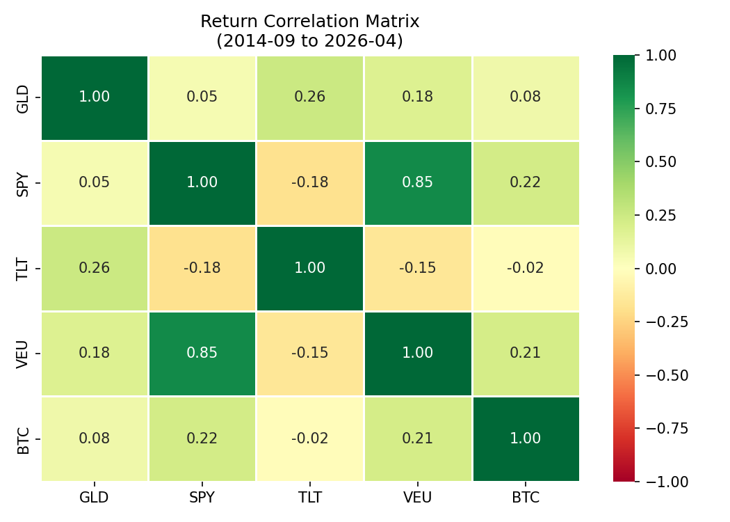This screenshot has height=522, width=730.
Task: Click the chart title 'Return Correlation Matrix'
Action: [x=309, y=21]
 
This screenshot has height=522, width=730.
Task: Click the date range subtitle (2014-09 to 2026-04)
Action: [x=309, y=41]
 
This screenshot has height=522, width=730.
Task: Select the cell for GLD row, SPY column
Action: [x=202, y=97]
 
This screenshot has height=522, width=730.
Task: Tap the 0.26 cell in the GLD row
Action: [x=309, y=97]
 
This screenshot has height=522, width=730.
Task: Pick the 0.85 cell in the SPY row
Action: [x=417, y=182]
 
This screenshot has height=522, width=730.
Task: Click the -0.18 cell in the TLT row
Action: [x=202, y=268]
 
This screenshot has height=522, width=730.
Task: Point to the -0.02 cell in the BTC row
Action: [x=309, y=438]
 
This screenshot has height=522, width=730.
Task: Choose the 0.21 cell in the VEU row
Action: [x=525, y=353]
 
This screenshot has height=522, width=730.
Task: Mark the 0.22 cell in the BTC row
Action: [x=202, y=438]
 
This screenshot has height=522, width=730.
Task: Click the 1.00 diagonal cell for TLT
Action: [x=309, y=268]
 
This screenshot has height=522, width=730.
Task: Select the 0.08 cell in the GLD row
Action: [x=525, y=97]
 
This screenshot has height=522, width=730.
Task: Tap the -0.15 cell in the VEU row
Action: [x=309, y=353]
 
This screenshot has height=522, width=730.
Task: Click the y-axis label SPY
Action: [x=24, y=183]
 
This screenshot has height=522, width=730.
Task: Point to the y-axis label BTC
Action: [x=24, y=439]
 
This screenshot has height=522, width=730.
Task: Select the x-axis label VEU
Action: [x=417, y=498]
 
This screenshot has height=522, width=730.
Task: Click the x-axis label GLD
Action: [x=94, y=498]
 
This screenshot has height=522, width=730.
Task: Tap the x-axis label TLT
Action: [x=309, y=498]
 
